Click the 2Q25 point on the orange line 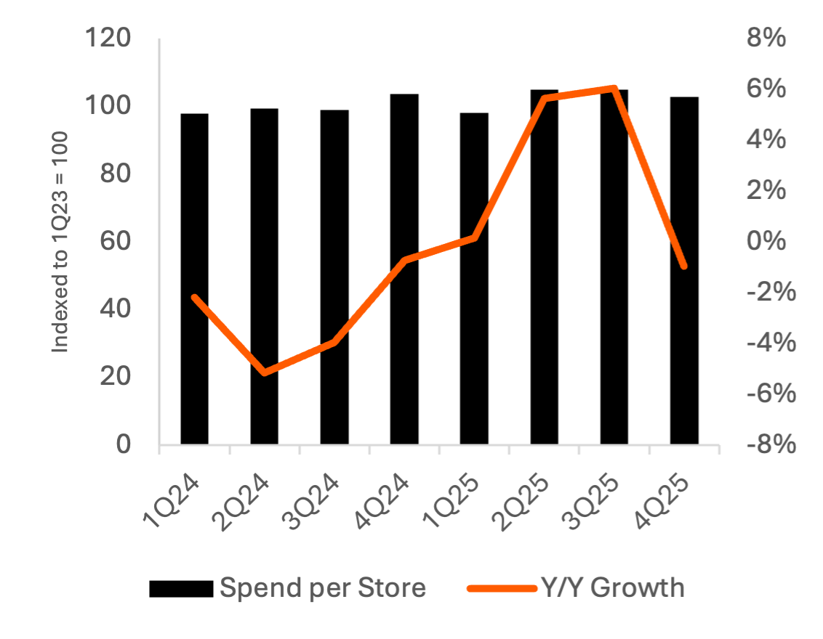point(545,97)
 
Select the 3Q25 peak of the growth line point(614,88)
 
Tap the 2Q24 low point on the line point(265,373)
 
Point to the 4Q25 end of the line point(683,266)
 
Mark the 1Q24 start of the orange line point(194,297)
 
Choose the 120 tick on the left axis point(108,38)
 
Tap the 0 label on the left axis point(124,444)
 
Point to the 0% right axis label point(766,241)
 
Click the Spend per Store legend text point(323,587)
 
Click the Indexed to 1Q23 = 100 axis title point(61,243)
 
